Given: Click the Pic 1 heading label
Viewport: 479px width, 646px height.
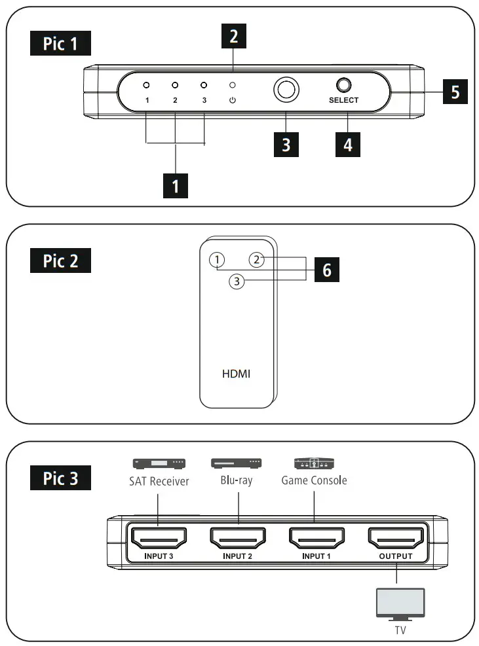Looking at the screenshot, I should click(x=60, y=44).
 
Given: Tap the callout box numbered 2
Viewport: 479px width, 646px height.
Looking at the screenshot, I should click(x=233, y=37).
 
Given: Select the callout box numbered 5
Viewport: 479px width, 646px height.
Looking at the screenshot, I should click(x=455, y=92).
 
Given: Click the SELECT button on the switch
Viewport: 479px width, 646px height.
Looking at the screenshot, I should click(x=343, y=85).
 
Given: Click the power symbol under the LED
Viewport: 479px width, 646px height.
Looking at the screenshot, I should click(x=232, y=100).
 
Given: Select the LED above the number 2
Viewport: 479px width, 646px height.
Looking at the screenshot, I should click(x=175, y=85).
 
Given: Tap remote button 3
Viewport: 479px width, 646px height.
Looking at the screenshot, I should click(x=237, y=281).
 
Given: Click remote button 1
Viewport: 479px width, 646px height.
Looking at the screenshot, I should click(x=216, y=260).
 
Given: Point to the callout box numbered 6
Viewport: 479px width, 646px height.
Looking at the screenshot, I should click(x=326, y=269).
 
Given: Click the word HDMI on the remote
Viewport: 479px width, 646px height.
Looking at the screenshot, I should click(x=237, y=374).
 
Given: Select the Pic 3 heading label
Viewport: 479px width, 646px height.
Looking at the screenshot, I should click(x=60, y=478).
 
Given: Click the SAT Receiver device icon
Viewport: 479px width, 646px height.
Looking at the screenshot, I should click(x=159, y=464).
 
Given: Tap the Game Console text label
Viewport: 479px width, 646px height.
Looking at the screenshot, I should click(x=314, y=480).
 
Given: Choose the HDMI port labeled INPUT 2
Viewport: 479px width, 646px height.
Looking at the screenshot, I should click(x=238, y=539).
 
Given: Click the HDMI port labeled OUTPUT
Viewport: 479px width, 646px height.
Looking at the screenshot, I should click(x=396, y=539).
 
